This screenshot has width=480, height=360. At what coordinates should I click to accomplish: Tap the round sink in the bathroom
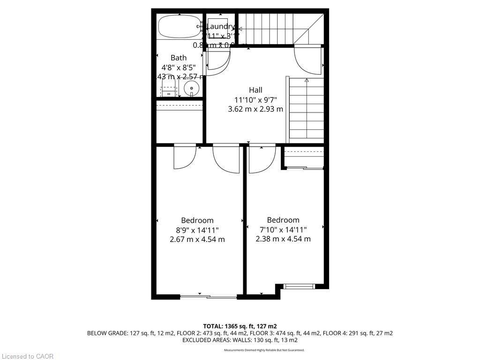point(191,88)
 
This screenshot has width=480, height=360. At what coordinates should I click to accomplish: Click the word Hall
point(255,90)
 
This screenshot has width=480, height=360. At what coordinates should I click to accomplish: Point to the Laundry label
point(220,27)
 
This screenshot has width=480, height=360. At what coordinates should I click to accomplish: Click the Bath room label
point(178,58)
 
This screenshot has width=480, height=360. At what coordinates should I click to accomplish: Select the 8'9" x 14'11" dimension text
point(197,230)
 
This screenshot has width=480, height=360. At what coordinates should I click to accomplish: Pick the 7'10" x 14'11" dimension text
point(283,230)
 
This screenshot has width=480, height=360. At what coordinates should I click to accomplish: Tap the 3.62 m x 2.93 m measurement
point(255,109)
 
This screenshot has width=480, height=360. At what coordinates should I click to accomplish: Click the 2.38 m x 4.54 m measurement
point(283,239)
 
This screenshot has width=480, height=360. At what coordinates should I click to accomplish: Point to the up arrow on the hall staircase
point(307,81)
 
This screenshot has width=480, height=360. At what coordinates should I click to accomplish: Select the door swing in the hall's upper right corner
point(307,60)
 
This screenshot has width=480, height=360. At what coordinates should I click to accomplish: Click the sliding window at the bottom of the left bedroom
point(209,296)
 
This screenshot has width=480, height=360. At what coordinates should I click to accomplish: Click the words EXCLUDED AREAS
point(208,340)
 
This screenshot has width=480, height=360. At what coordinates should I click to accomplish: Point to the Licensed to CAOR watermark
point(27,356)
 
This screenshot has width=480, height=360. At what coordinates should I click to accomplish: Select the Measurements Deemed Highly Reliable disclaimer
point(264,350)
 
